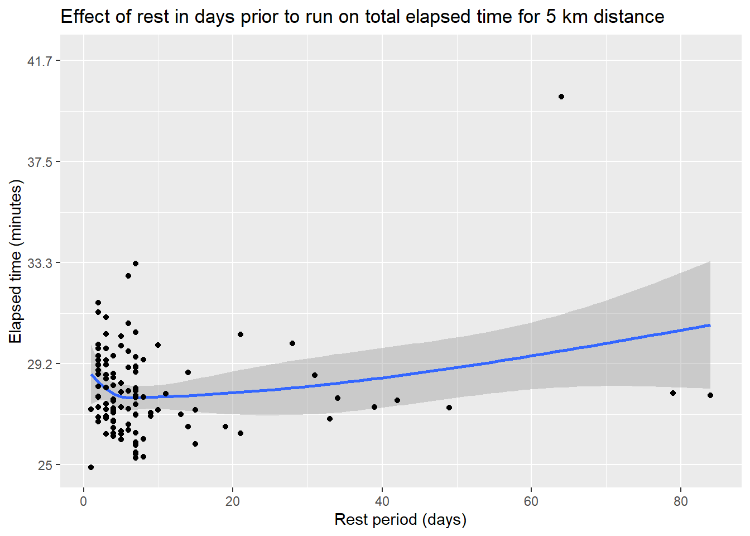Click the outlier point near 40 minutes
tap(561, 97)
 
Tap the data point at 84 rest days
tap(710, 395)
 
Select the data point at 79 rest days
tap(673, 393)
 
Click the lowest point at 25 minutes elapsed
tap(91, 467)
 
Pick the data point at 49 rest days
tap(449, 408)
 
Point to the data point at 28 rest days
tap(292, 343)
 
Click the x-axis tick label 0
tap(84, 501)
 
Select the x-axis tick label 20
tap(233, 501)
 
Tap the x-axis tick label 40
tap(382, 501)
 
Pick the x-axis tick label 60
tap(531, 501)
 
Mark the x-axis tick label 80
tap(680, 501)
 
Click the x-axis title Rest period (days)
tap(400, 520)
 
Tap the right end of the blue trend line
tap(709, 325)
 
